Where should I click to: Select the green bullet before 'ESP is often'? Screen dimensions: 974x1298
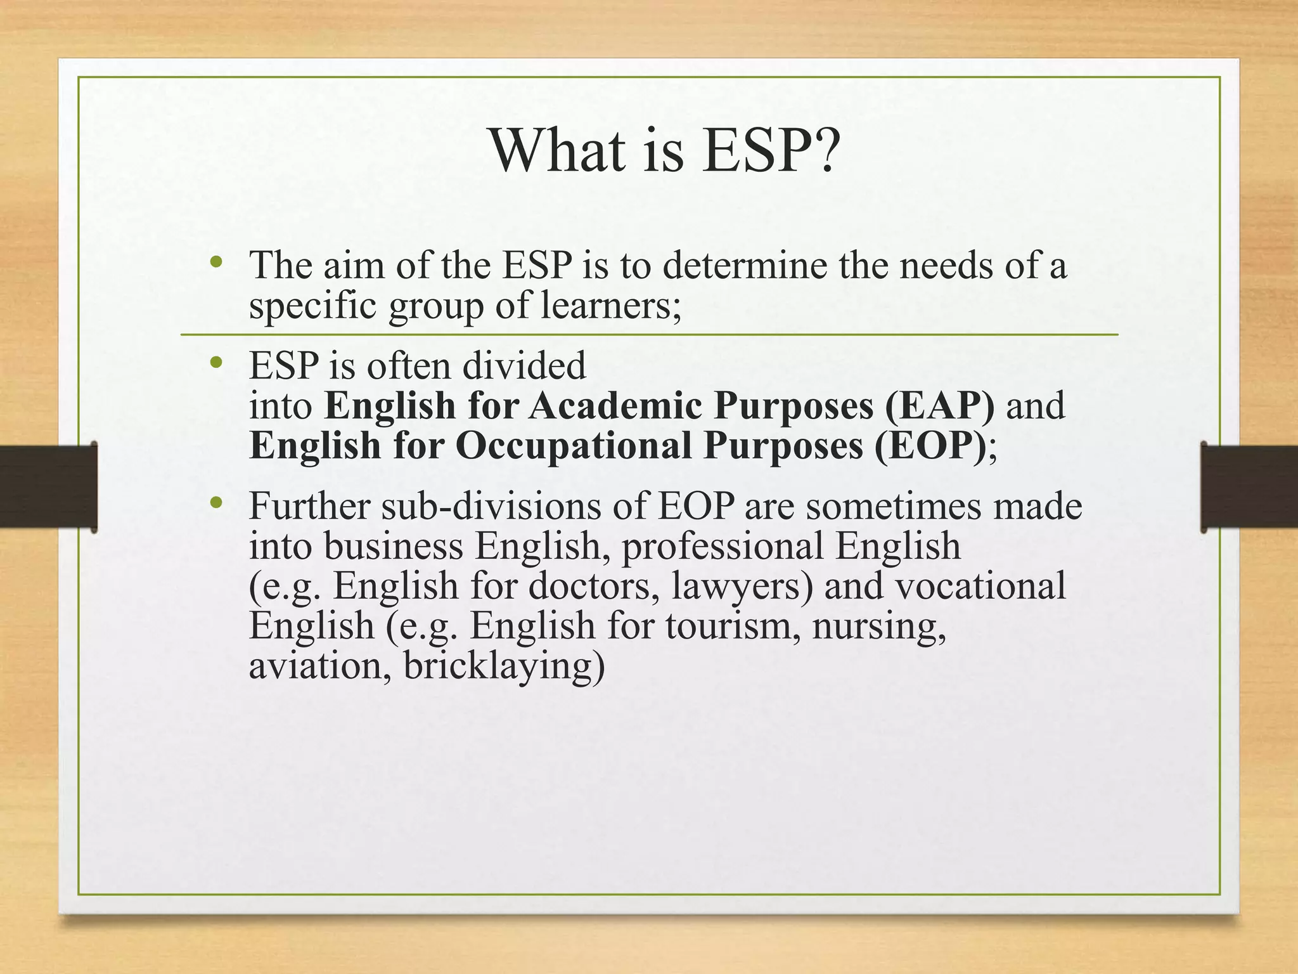point(217,362)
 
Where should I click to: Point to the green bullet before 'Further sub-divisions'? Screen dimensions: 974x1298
point(217,503)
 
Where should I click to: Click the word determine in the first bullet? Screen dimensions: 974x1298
point(745,264)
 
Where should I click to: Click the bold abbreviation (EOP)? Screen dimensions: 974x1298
point(930,446)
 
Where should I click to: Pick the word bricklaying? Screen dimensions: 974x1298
point(504,667)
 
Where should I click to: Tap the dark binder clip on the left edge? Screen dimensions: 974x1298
point(48,486)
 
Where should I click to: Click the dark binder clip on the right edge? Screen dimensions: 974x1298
point(1249,486)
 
